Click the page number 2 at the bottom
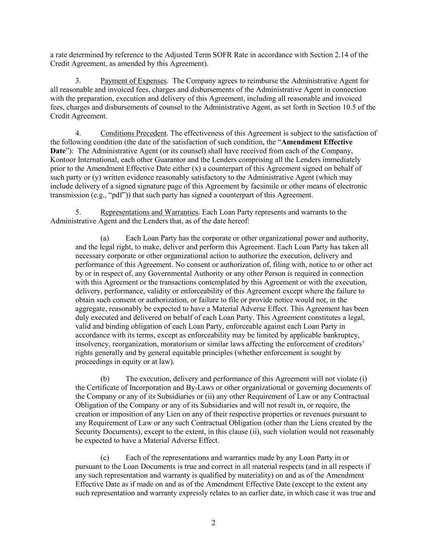(x=213, y=523)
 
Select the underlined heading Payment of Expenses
(x=133, y=81)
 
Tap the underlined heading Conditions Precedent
(x=133, y=133)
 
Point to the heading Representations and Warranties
(x=149, y=212)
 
